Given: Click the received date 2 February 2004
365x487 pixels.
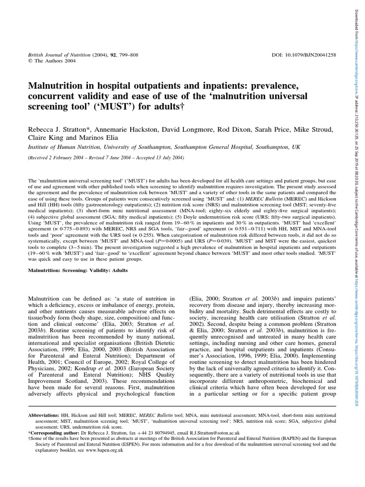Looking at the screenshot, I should pos(63,157).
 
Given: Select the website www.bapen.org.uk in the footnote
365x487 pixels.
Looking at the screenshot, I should pos(104,449).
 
